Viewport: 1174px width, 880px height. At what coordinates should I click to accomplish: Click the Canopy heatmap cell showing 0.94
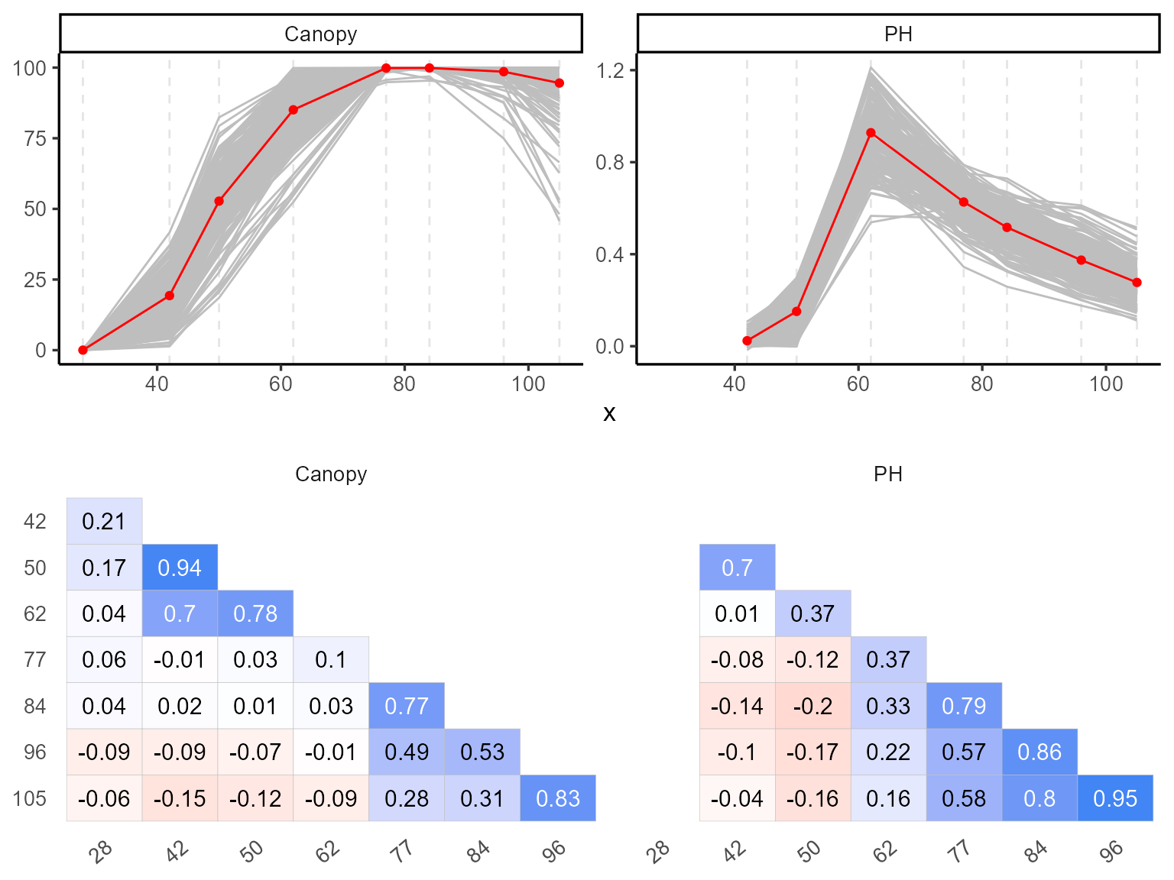[180, 568]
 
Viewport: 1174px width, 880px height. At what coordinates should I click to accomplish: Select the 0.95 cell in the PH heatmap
[1115, 798]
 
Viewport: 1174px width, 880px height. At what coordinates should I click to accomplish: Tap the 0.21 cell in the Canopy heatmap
[104, 521]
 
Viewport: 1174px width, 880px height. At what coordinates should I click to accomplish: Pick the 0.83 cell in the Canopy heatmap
[558, 798]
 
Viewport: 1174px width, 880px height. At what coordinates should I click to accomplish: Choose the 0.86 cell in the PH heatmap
[1039, 752]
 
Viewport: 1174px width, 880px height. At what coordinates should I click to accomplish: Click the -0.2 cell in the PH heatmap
[812, 706]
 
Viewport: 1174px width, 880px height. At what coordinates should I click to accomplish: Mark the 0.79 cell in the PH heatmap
[964, 706]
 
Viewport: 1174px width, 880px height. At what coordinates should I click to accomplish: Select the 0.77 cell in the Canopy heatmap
[407, 706]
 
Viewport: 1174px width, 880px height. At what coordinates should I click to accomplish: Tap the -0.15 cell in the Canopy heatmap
[180, 798]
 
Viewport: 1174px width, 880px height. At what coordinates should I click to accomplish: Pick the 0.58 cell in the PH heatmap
[964, 798]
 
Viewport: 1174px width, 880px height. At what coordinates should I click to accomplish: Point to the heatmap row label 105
[30, 799]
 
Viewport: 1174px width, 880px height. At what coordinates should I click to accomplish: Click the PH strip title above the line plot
[898, 34]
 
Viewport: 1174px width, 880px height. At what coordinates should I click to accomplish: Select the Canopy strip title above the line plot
[321, 34]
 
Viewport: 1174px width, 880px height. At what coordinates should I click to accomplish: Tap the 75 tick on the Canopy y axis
[35, 139]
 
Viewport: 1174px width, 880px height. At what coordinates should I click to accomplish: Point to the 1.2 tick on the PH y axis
[610, 71]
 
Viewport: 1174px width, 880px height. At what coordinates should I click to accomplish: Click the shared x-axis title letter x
[609, 414]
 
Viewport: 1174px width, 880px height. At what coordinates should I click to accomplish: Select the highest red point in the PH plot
[871, 133]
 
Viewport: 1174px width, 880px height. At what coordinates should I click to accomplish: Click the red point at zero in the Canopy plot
[83, 350]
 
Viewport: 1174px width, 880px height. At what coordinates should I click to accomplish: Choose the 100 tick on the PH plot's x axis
[1105, 383]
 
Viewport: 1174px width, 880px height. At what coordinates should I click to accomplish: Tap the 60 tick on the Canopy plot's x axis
[281, 383]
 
